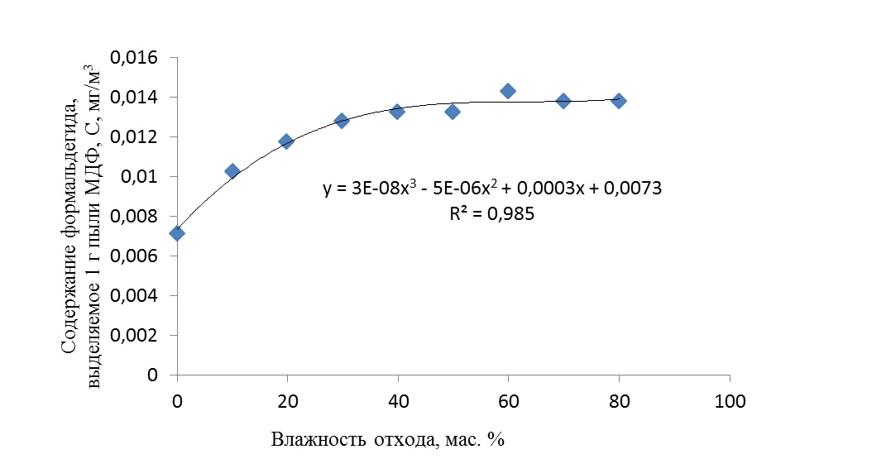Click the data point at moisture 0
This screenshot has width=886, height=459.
tap(177, 233)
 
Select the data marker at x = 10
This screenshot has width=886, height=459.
tap(232, 171)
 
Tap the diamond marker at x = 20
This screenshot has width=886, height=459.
tap(287, 141)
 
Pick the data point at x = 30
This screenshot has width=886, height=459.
tap(342, 121)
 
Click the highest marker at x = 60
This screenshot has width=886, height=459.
tap(508, 91)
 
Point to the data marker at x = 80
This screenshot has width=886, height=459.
tap(619, 101)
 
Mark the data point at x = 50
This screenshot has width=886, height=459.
tap(453, 111)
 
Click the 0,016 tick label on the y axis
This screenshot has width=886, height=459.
tap(140, 58)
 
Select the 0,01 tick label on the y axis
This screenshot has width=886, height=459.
tap(147, 177)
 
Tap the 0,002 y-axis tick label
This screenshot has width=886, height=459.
tap(140, 336)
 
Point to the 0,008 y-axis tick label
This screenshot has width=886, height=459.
tap(140, 217)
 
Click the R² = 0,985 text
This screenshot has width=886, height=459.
tap(492, 215)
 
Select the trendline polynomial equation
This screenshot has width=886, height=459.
tap(492, 189)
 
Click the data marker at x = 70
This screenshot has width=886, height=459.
tap(563, 101)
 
